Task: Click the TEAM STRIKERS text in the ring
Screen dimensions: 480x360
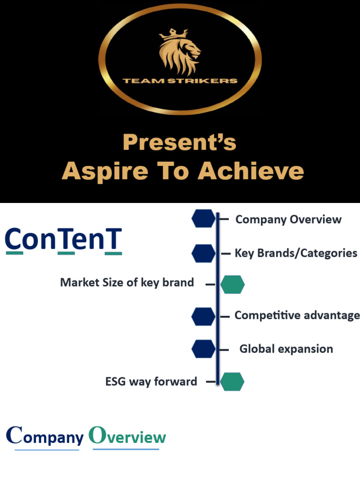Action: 180,81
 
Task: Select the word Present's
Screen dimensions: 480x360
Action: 180,142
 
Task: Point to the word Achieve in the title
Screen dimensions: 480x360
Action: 251,171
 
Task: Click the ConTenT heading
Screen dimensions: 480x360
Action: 63,240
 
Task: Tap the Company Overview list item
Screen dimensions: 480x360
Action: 288,219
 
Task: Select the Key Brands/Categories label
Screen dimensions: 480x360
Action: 296,253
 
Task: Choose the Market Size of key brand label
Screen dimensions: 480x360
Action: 127,283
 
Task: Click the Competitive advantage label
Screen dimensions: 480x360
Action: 297,315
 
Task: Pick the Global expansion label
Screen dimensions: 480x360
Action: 286,349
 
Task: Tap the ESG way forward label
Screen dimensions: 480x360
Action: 151,382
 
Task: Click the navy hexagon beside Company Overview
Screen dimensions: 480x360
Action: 203,219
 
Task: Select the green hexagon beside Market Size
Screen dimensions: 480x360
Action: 232,285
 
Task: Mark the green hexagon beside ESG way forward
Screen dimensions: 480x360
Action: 232,382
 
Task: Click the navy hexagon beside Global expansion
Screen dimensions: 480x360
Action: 203,349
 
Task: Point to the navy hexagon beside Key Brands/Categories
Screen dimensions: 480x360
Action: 203,253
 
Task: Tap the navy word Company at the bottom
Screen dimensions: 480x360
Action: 45,437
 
